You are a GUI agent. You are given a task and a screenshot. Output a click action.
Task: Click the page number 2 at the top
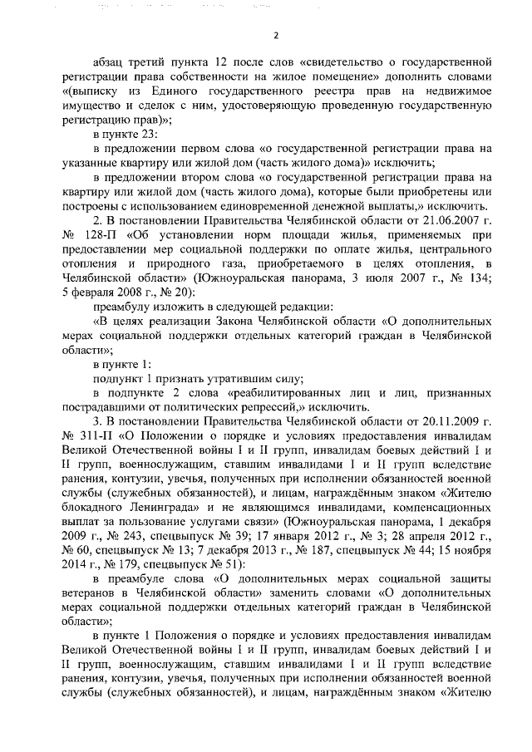[x=275, y=36]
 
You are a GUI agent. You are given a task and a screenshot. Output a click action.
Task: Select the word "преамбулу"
[x=122, y=306]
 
